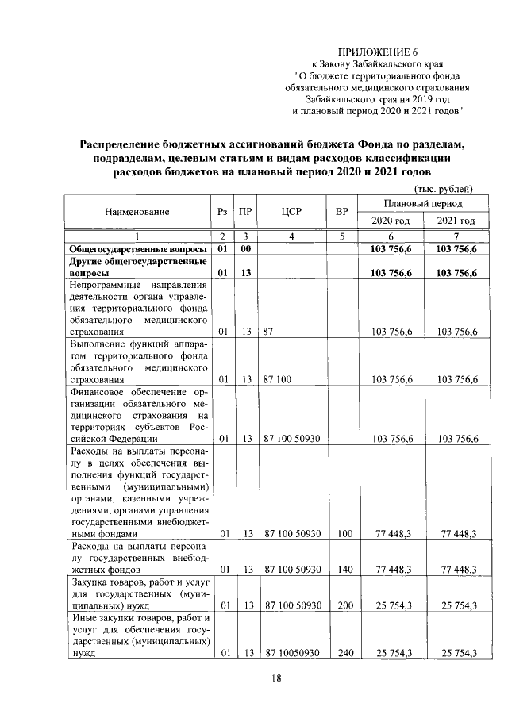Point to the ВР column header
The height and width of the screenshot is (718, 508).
(341, 212)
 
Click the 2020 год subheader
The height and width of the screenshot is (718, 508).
(391, 220)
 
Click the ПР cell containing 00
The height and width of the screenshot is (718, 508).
(246, 249)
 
